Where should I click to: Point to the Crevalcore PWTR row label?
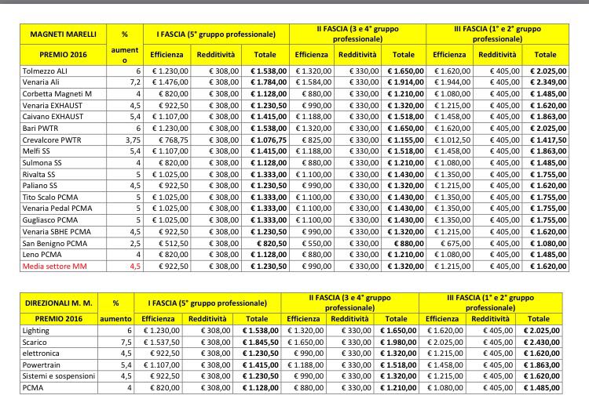(53, 140)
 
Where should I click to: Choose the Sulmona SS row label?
(42, 162)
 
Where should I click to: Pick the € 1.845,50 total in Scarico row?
(259, 342)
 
